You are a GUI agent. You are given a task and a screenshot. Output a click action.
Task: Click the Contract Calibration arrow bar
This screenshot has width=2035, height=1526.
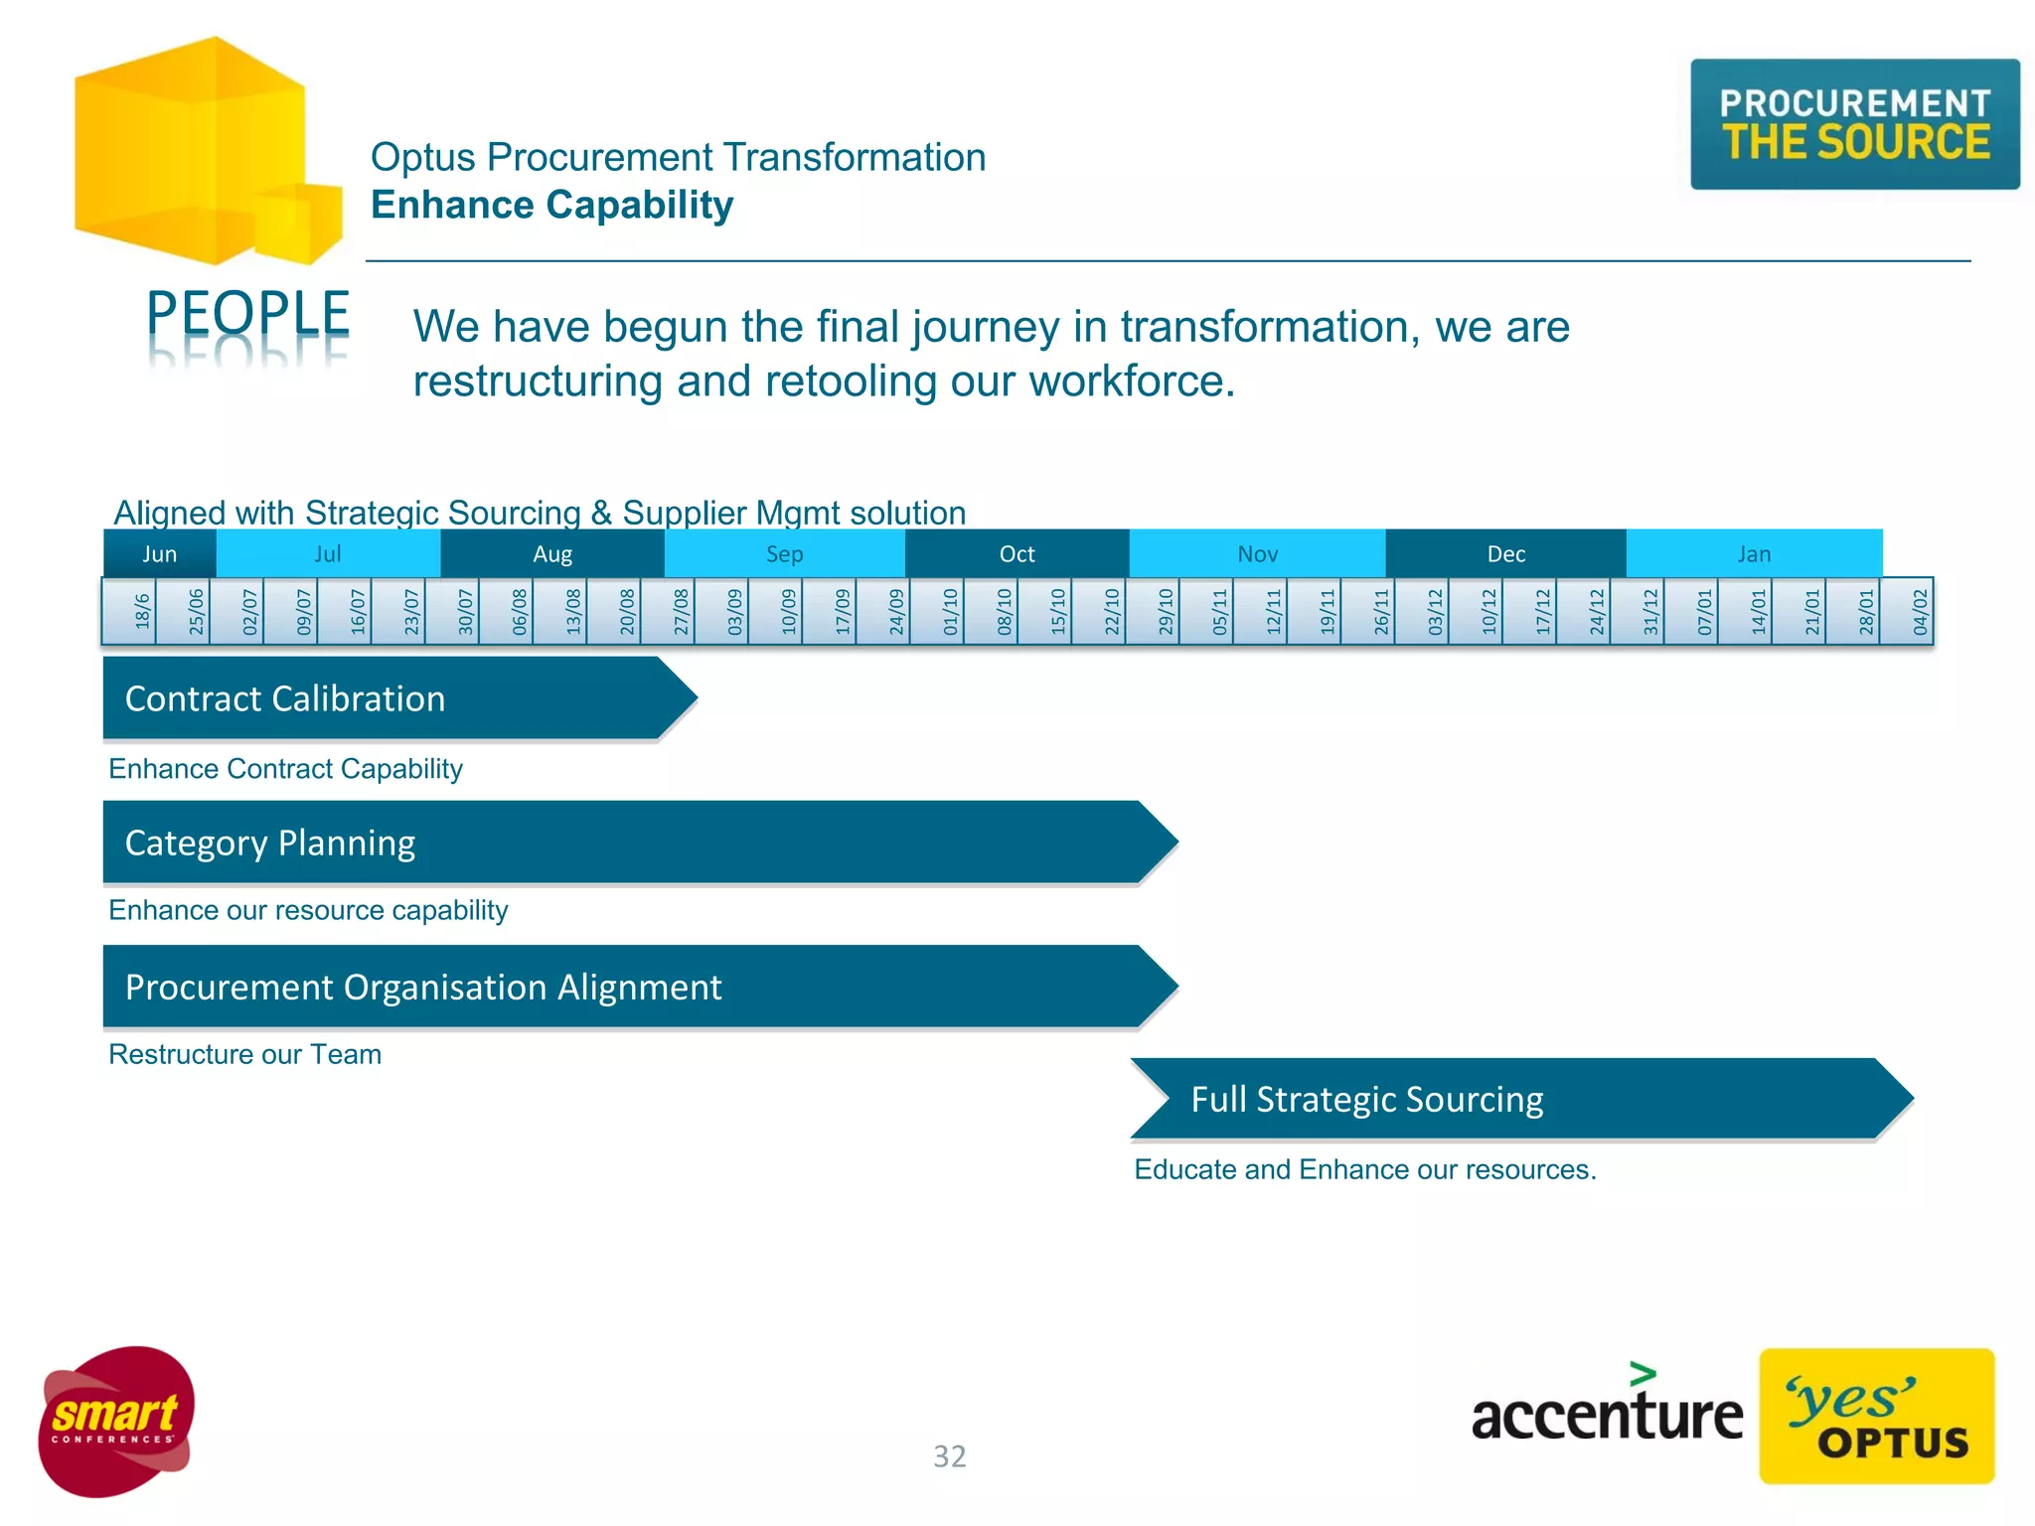click(388, 698)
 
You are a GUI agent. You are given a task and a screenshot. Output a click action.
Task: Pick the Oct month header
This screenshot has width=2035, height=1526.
click(1017, 553)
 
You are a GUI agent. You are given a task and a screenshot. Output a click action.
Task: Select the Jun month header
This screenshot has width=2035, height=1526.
click(159, 553)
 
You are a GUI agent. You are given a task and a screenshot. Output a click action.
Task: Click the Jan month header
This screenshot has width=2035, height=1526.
click(1754, 553)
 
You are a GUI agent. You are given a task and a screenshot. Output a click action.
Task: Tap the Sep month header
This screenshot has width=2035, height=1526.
click(784, 553)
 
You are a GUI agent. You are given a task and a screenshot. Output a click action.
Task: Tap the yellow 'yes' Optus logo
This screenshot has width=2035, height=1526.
click(1876, 1417)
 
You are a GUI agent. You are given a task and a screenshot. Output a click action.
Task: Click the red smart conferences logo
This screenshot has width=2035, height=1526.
click(116, 1421)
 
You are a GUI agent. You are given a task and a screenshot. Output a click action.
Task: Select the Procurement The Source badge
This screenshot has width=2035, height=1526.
click(1854, 124)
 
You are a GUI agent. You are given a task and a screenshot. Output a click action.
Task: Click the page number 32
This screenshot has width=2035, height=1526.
click(949, 1456)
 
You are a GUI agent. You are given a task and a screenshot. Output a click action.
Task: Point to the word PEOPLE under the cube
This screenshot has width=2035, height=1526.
click(247, 313)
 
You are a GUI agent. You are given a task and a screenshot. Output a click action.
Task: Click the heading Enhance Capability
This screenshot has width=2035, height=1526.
click(551, 205)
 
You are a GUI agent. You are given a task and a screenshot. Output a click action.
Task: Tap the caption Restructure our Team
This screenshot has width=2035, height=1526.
click(244, 1054)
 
